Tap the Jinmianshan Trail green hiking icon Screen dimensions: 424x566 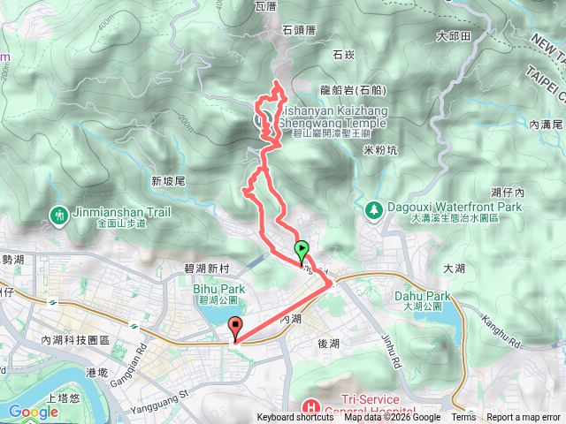59,215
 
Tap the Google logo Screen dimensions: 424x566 34,411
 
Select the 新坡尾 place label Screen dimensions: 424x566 167,180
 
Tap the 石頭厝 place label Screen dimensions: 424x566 298,30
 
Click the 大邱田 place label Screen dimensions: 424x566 454,37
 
